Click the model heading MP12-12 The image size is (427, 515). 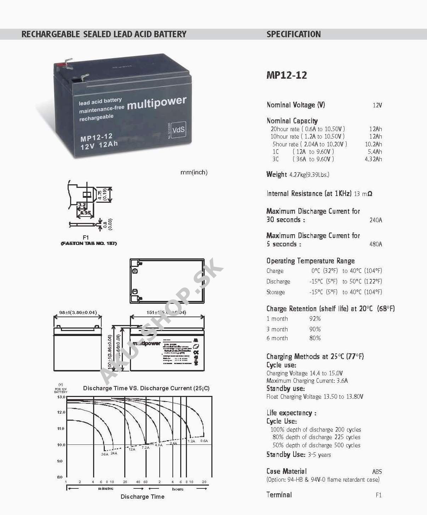point(286,75)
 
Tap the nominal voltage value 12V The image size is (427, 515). point(377,105)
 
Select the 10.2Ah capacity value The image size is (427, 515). point(373,144)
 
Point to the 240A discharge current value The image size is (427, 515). point(376,220)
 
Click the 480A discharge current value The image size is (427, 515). point(376,244)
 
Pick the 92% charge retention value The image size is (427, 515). point(315,319)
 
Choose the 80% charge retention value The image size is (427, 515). point(315,338)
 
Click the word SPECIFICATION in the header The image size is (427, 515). point(294,34)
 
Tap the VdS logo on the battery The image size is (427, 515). point(178,130)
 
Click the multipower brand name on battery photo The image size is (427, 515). point(156,103)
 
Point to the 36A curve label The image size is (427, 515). point(104,454)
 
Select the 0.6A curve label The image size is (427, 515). point(204,441)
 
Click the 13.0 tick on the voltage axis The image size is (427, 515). point(61,397)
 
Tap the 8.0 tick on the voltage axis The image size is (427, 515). point(60,477)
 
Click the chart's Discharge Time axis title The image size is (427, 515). point(142,497)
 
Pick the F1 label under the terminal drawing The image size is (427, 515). point(86,237)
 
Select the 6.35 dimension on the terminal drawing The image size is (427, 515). point(85,213)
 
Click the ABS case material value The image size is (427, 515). point(377,472)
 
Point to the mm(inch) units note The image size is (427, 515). point(194,173)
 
